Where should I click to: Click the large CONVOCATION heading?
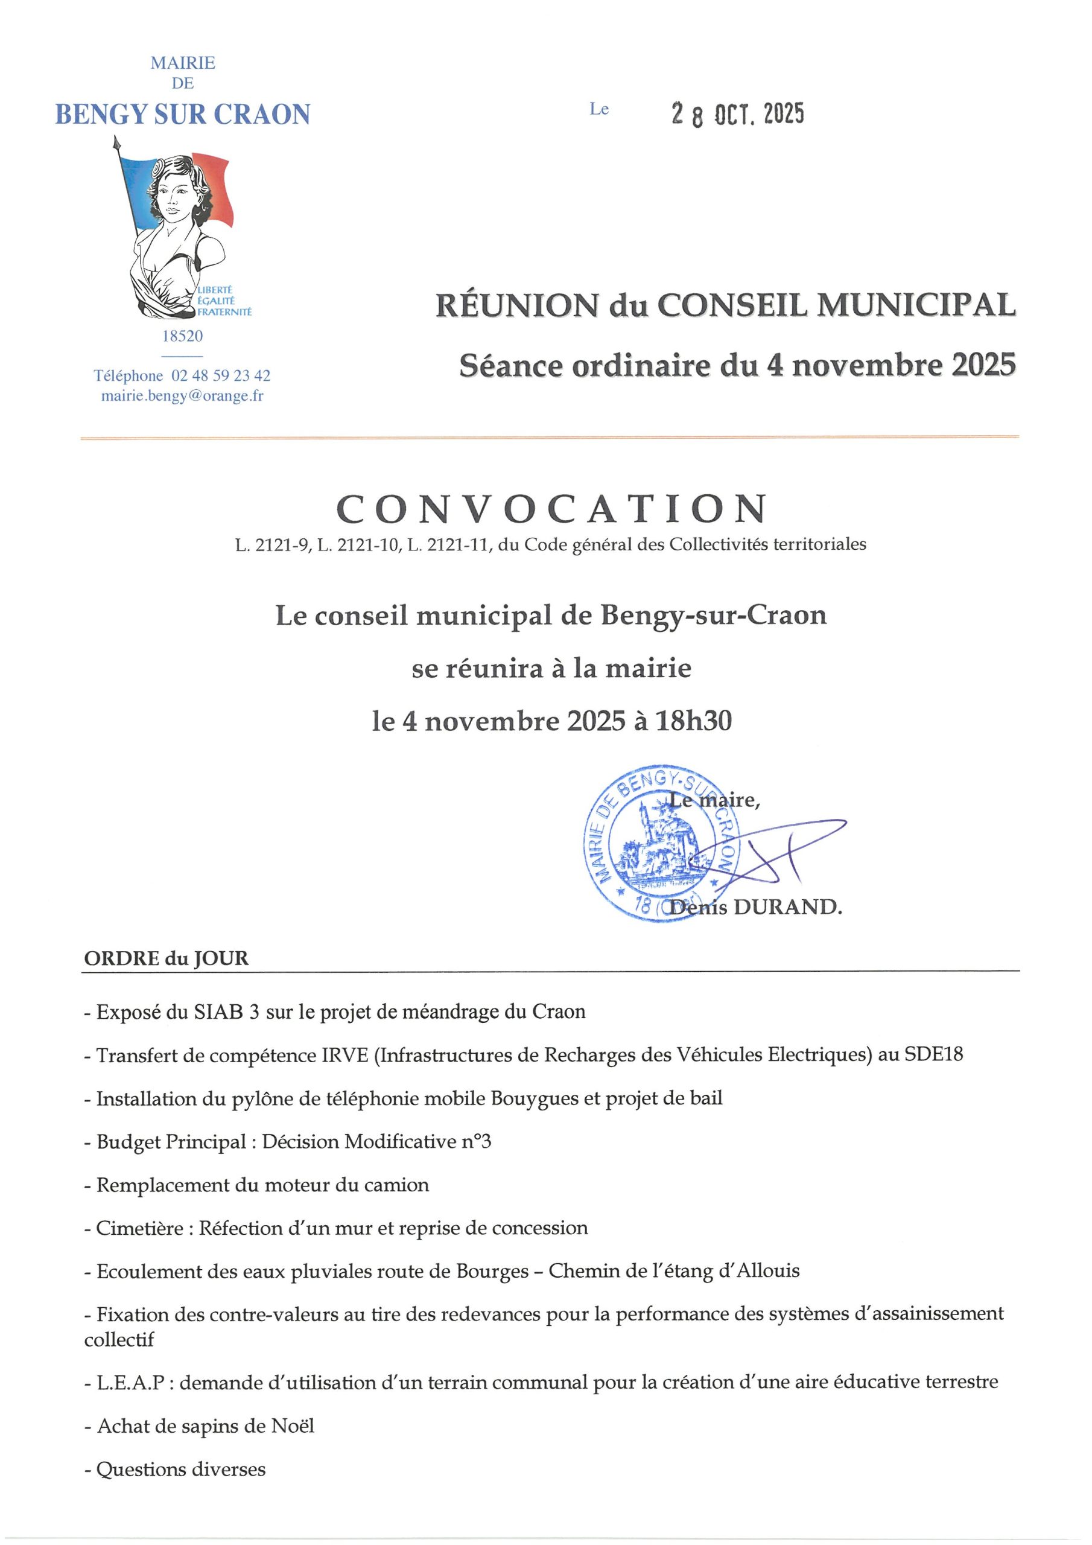[x=551, y=509]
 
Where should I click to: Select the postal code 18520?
[x=182, y=336]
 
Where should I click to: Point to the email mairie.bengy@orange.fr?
[x=182, y=396]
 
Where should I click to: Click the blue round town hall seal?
[x=662, y=844]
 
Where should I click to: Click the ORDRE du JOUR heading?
[x=166, y=958]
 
